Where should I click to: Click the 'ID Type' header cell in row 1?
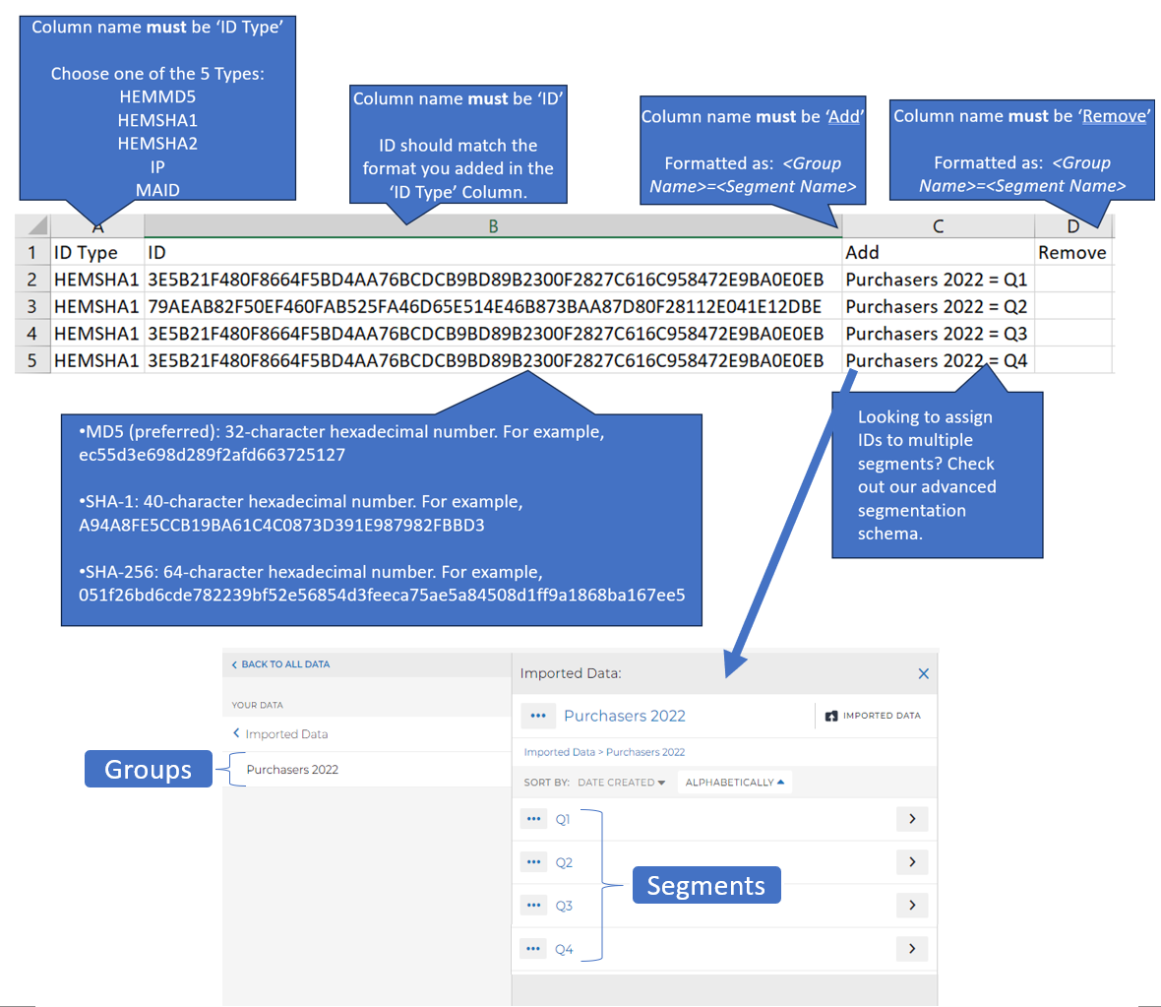tap(97, 253)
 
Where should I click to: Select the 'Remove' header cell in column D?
tap(1072, 253)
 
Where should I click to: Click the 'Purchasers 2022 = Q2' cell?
tap(938, 307)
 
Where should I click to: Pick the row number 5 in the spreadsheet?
tap(31, 361)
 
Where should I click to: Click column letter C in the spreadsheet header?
tap(938, 226)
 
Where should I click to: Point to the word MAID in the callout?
tap(157, 190)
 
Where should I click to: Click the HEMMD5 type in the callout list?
tap(157, 97)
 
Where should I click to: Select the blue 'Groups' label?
tap(149, 769)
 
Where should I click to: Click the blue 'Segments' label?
tap(706, 886)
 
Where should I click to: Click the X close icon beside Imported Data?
tap(923, 673)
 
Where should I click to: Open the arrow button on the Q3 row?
tap(912, 905)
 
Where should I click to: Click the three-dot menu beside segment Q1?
tap(534, 819)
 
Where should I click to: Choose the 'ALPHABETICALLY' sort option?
tap(735, 783)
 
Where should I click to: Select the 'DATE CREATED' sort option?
tap(621, 783)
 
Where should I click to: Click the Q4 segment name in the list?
tap(564, 949)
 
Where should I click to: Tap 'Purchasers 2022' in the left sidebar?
tap(292, 770)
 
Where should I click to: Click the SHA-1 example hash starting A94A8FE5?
tap(281, 526)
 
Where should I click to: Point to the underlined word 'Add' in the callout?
tap(844, 117)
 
